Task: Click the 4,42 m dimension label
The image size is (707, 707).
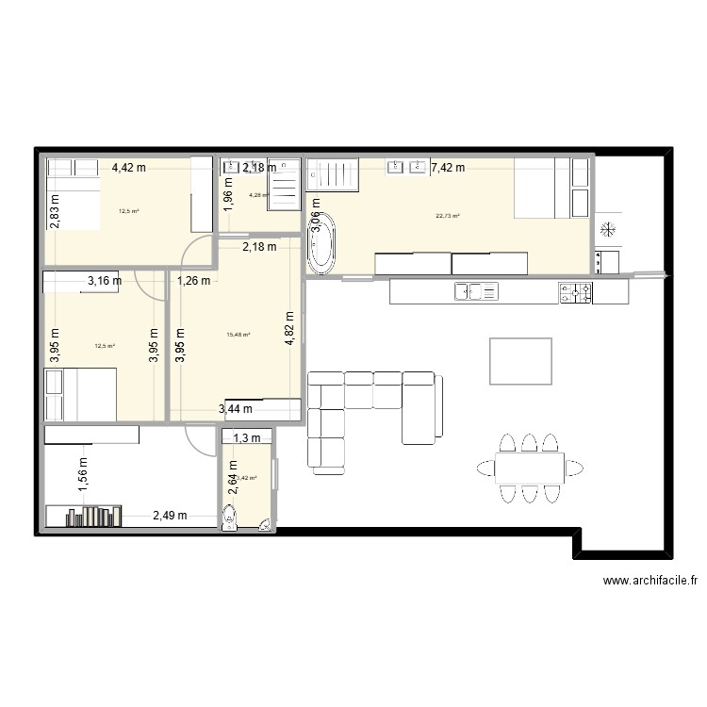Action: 129,168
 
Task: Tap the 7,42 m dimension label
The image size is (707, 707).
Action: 447,169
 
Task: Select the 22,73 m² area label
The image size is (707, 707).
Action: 448,216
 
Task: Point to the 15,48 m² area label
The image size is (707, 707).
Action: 238,334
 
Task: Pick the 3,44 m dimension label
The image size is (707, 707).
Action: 236,409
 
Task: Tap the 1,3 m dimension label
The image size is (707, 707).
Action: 247,437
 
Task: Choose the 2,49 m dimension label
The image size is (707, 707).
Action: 170,516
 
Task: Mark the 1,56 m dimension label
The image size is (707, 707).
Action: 83,470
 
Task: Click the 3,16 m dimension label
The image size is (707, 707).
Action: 105,280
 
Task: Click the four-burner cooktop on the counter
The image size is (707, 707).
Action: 575,293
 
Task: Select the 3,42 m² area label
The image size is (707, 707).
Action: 243,478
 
